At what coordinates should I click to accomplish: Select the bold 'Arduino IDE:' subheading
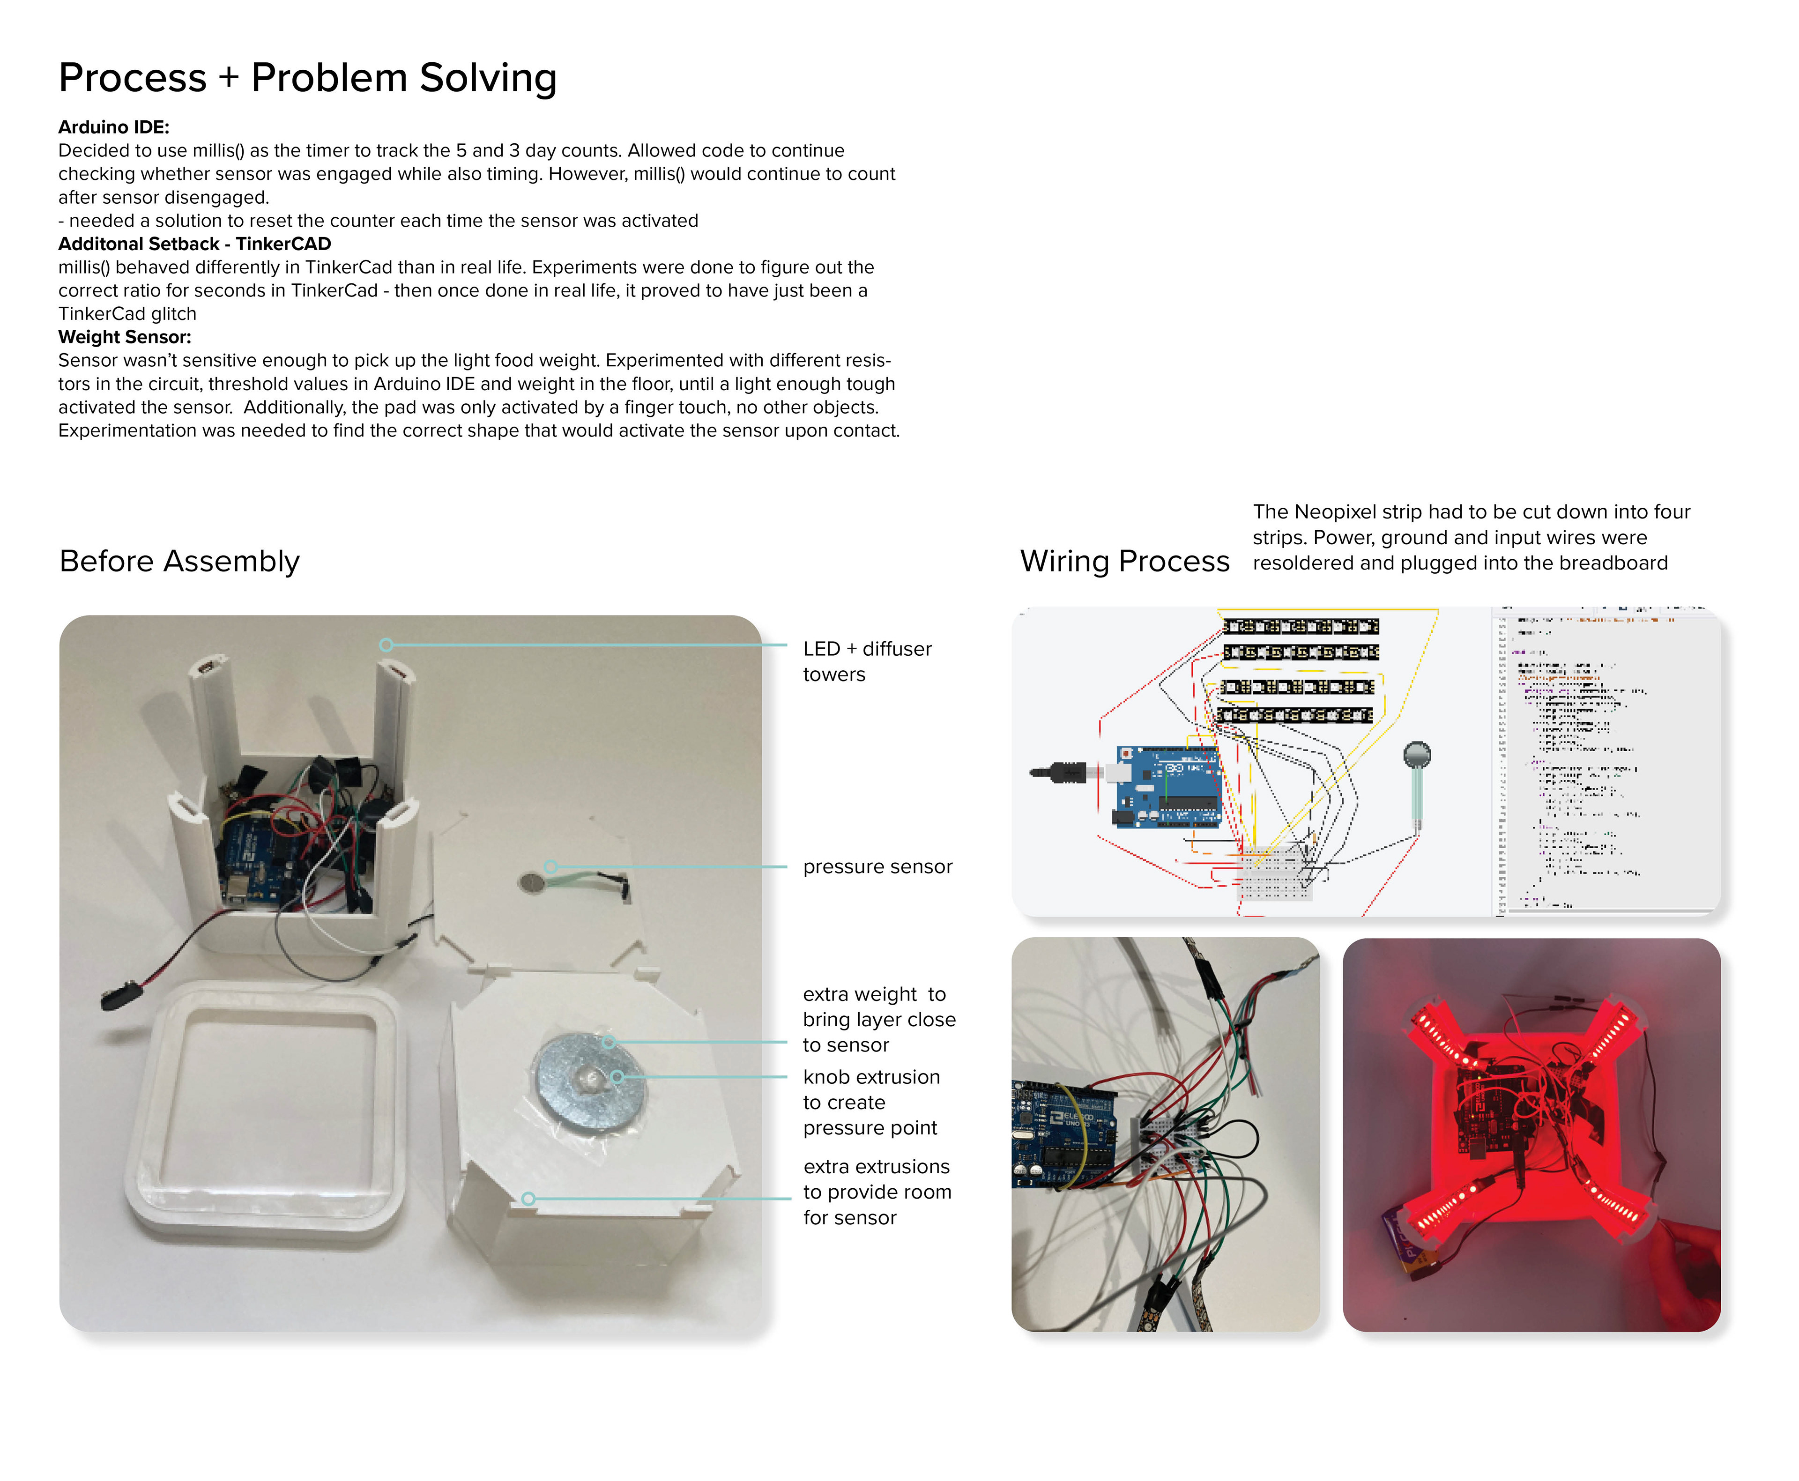point(113,127)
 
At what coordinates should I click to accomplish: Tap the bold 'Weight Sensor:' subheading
point(125,337)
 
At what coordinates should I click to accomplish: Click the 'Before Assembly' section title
point(179,561)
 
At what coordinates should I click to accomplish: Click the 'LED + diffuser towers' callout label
point(866,661)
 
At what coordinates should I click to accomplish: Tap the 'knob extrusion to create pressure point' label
point(870,1102)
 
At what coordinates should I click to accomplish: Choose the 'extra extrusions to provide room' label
point(877,1192)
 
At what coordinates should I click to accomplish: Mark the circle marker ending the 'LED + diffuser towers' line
point(387,645)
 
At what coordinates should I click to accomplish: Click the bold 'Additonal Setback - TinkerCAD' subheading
point(194,244)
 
